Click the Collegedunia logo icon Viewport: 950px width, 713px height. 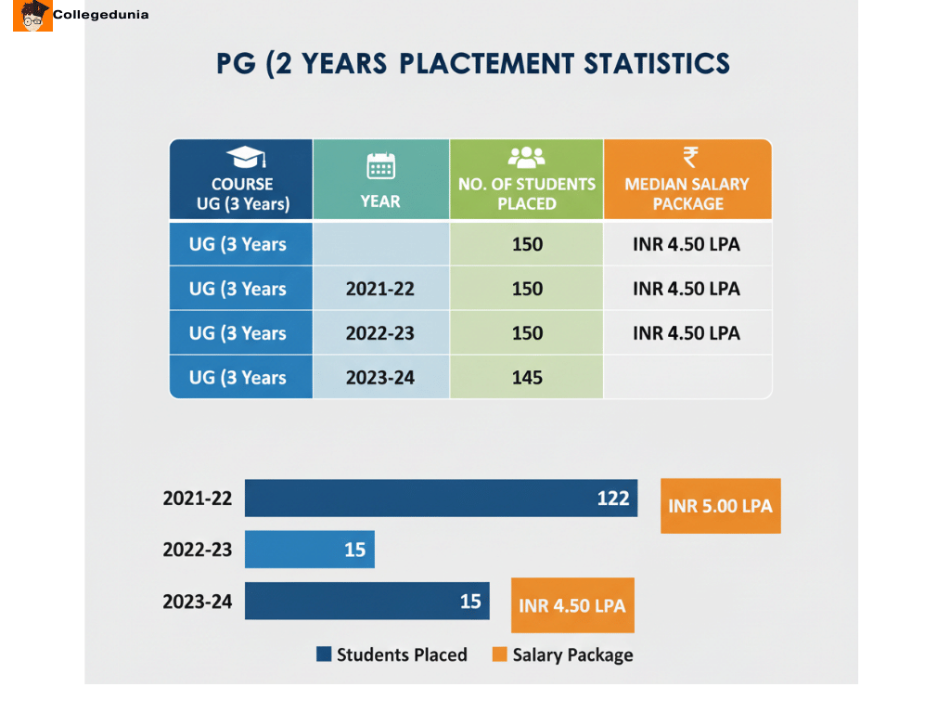[32, 16]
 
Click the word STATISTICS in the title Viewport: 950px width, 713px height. [657, 63]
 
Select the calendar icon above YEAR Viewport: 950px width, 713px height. [380, 166]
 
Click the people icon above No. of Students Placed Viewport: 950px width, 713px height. [526, 157]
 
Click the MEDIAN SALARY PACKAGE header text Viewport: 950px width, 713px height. [687, 193]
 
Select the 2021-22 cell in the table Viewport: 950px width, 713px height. [380, 289]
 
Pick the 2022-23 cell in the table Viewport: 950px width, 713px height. [380, 333]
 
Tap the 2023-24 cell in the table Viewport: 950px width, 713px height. [380, 378]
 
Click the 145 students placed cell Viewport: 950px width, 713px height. [527, 378]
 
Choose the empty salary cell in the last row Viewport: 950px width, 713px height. [687, 378]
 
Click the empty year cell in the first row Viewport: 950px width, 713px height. [380, 244]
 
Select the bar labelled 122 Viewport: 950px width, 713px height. [441, 499]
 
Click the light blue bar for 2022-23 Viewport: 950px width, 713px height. [309, 550]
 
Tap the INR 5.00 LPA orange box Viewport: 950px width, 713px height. [720, 506]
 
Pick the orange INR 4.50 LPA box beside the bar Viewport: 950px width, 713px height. [572, 605]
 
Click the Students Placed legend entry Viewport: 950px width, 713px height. [392, 655]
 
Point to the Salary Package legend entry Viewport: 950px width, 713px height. [562, 655]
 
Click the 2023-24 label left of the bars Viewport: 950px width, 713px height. [198, 601]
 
